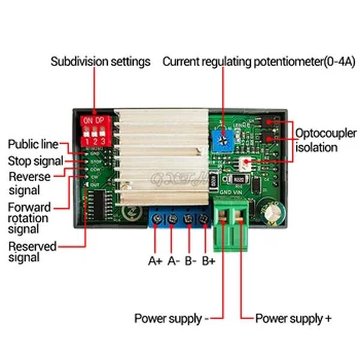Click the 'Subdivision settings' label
click(100, 62)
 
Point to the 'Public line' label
click(33, 145)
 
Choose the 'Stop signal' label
click(35, 161)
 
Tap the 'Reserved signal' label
click(32, 251)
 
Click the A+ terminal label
click(155, 261)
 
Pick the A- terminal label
click(173, 261)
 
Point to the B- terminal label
click(191, 261)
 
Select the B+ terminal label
click(209, 261)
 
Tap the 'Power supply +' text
click(293, 319)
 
